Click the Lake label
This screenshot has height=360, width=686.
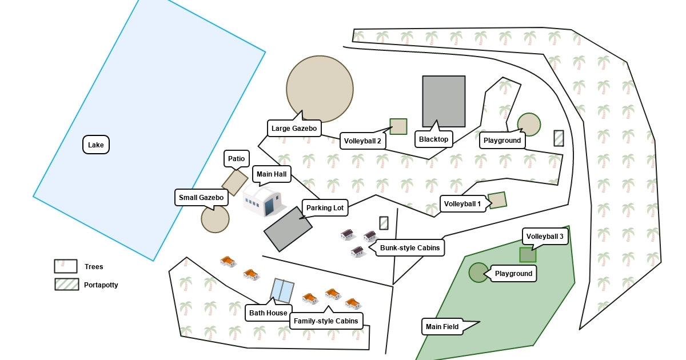(96, 145)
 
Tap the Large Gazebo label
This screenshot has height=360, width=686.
(294, 129)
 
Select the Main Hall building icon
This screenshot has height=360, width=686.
(263, 201)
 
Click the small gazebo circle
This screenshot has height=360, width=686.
(215, 219)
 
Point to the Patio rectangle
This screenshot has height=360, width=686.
(234, 182)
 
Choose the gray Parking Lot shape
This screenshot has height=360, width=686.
(288, 229)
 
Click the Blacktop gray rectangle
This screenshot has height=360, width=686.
(444, 101)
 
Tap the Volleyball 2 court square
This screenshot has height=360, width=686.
(398, 127)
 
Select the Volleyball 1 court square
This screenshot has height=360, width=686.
(497, 200)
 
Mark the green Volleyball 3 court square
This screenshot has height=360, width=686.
(528, 255)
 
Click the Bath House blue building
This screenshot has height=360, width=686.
(282, 291)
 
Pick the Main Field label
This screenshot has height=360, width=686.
(442, 327)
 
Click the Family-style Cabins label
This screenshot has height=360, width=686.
(326, 321)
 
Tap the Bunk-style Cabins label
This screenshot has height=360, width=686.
(410, 248)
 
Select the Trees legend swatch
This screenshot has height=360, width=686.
(66, 266)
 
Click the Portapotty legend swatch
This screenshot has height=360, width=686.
(66, 285)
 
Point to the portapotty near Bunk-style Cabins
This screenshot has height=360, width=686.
(384, 223)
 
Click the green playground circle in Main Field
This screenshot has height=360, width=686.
(478, 273)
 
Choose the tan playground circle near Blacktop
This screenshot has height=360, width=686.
(529, 125)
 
